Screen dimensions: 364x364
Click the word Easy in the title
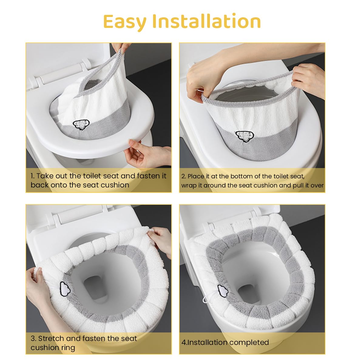pos(125,22)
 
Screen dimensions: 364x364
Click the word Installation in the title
pos(207,21)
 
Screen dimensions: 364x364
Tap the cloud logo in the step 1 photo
pos(81,124)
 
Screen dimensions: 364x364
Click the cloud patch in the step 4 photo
pos(223,291)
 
